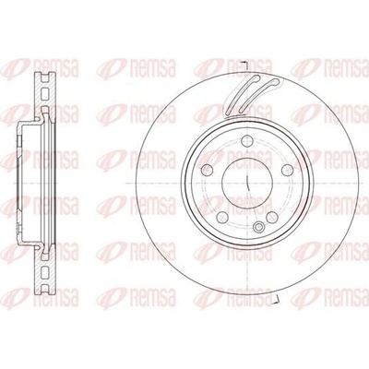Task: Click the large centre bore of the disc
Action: pyautogui.click(x=247, y=184)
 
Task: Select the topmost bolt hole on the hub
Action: pyautogui.click(x=247, y=141)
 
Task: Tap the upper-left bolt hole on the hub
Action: pyautogui.click(x=208, y=170)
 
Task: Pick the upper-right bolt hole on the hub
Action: pyautogui.click(x=287, y=170)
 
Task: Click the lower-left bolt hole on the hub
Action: pyautogui.click(x=222, y=217)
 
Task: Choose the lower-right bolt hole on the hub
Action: pyautogui.click(x=272, y=217)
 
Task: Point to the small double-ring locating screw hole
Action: pyautogui.click(x=258, y=227)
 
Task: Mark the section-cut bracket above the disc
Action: pyautogui.click(x=246, y=65)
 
